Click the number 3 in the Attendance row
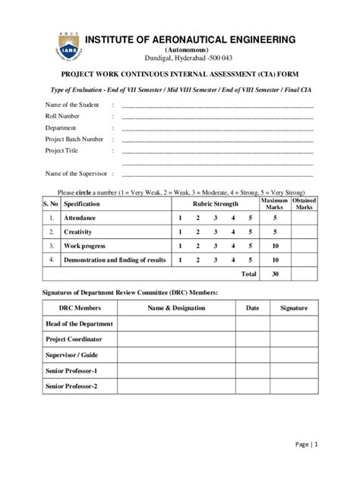coord(215,218)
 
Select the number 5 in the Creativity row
coord(250,231)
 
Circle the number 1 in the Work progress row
coord(180,246)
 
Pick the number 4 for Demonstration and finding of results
coord(232,259)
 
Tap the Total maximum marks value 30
coord(275,273)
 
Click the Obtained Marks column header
coord(304,204)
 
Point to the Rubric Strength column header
coord(215,204)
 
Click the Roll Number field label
coord(63,116)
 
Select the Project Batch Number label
coord(74,139)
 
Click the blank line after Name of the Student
coord(216,105)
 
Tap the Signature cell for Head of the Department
coord(294,324)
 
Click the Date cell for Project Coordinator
coord(252,339)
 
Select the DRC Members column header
coord(80,308)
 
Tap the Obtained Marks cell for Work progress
coord(304,246)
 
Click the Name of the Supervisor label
coord(76,174)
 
